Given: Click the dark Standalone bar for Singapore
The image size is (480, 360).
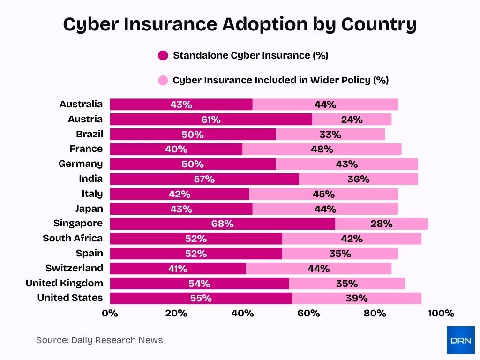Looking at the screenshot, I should (x=223, y=224).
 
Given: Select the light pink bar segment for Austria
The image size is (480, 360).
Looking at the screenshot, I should (x=352, y=120).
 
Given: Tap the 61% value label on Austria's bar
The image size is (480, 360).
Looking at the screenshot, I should (x=211, y=120).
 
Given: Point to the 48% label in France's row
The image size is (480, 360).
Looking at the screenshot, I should (x=322, y=149).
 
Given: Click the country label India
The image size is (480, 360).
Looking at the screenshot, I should (x=90, y=179).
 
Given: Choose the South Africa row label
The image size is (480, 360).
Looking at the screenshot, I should (x=73, y=238).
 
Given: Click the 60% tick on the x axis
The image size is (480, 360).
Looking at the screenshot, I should (x=308, y=313).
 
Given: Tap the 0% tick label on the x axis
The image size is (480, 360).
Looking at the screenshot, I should (x=110, y=313).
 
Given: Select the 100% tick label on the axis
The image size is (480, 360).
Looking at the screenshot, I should (x=441, y=313).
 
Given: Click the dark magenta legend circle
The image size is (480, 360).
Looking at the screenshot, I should (x=163, y=56).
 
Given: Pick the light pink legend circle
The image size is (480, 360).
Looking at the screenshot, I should (x=163, y=80).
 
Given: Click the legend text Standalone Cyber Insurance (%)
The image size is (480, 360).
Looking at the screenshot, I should (x=250, y=56).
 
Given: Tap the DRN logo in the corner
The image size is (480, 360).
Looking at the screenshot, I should (x=460, y=340).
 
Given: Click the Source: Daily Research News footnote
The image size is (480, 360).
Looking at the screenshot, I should (x=99, y=340).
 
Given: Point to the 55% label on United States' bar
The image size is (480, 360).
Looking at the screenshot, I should (x=201, y=299).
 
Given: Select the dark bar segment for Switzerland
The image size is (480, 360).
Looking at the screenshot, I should (x=178, y=269).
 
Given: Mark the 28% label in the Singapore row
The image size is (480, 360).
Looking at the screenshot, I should (x=381, y=224).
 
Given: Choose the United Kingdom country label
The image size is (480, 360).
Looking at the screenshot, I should (x=64, y=283).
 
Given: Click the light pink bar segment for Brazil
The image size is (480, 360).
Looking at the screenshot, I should (x=330, y=135).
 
